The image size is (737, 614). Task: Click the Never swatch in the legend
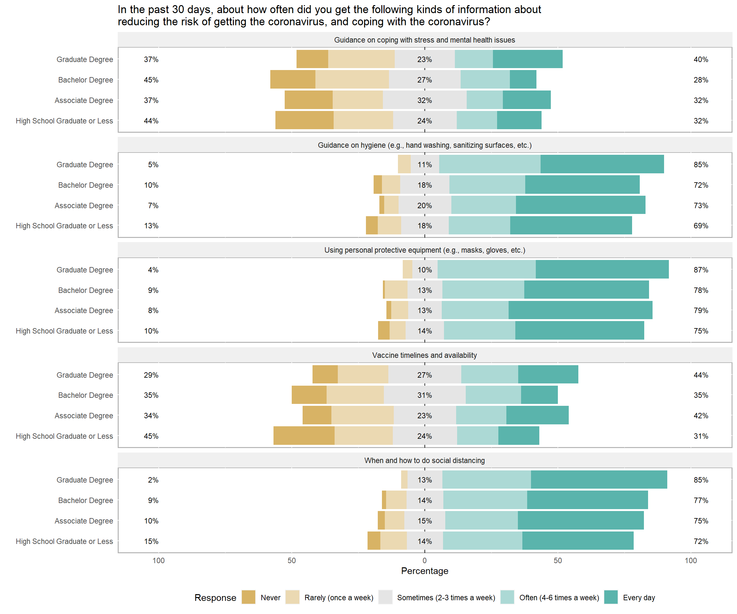pyautogui.click(x=249, y=597)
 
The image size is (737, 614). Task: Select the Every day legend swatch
pyautogui.click(x=611, y=597)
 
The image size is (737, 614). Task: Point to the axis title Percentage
pyautogui.click(x=425, y=571)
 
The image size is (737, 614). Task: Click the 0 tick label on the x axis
pyautogui.click(x=425, y=561)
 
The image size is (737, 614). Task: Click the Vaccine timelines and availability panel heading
pyautogui.click(x=425, y=355)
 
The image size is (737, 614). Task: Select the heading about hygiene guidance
pyautogui.click(x=425, y=145)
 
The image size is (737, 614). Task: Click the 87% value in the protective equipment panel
pyautogui.click(x=701, y=270)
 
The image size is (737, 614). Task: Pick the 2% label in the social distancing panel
pyautogui.click(x=153, y=480)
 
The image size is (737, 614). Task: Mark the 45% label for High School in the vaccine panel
pyautogui.click(x=151, y=436)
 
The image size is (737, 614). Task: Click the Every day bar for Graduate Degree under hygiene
pyautogui.click(x=602, y=164)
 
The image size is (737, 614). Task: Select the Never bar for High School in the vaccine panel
pyautogui.click(x=304, y=436)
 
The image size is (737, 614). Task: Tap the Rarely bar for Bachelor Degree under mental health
pyautogui.click(x=352, y=80)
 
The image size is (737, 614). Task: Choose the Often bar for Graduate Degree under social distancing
pyautogui.click(x=487, y=480)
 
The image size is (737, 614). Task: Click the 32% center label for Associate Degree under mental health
pyautogui.click(x=425, y=100)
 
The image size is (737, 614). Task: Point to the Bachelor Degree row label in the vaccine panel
pyautogui.click(x=86, y=395)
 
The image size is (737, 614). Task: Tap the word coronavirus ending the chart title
pyautogui.click(x=456, y=22)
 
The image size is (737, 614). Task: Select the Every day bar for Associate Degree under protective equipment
pyautogui.click(x=581, y=310)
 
